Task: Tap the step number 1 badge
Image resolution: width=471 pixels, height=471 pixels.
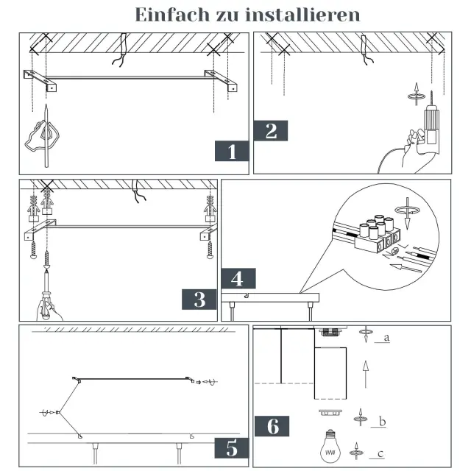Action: [x=232, y=152]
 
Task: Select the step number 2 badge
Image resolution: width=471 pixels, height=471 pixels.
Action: [x=270, y=131]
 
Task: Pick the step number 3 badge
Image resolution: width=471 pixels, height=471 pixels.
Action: [x=199, y=300]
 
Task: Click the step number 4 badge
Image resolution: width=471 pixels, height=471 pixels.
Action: [x=237, y=279]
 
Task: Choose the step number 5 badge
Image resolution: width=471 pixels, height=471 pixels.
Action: [x=232, y=447]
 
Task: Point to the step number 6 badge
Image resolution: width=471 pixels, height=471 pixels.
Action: [x=272, y=426]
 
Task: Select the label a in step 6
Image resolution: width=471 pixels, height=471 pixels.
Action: [x=386, y=339]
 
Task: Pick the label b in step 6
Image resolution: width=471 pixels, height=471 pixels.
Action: [x=381, y=422]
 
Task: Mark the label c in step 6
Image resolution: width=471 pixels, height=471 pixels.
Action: [x=381, y=453]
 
